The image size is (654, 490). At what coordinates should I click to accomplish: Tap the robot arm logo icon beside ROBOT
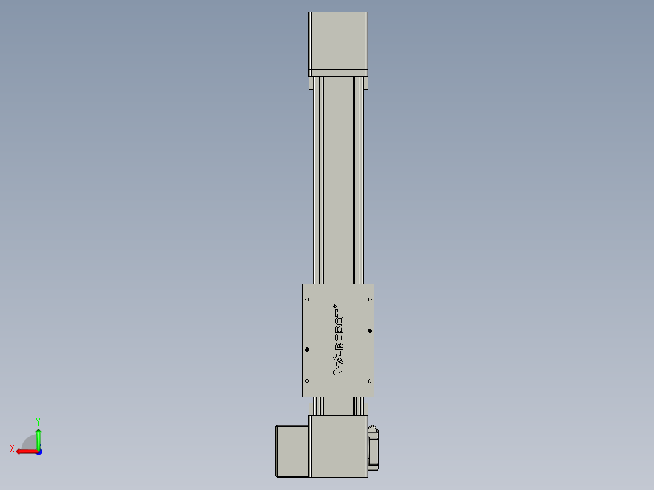click(x=338, y=364)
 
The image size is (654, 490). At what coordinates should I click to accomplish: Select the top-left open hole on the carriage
click(x=307, y=300)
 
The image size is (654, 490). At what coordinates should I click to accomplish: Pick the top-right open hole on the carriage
click(x=370, y=300)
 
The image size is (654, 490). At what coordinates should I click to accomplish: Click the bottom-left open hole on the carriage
click(x=307, y=381)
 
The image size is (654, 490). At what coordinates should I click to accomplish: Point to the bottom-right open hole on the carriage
click(x=370, y=381)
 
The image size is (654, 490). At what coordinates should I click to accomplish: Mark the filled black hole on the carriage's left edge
click(x=307, y=350)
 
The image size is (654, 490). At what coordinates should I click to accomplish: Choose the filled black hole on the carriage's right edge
click(x=370, y=331)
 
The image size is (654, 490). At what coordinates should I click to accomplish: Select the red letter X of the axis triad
click(x=12, y=448)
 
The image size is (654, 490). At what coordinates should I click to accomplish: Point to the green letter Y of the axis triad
click(x=38, y=421)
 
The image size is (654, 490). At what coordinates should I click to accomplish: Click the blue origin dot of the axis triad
click(x=38, y=452)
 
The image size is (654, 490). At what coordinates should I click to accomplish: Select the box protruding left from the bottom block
click(x=292, y=451)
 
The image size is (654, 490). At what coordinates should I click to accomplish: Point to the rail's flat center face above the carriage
click(x=338, y=182)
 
